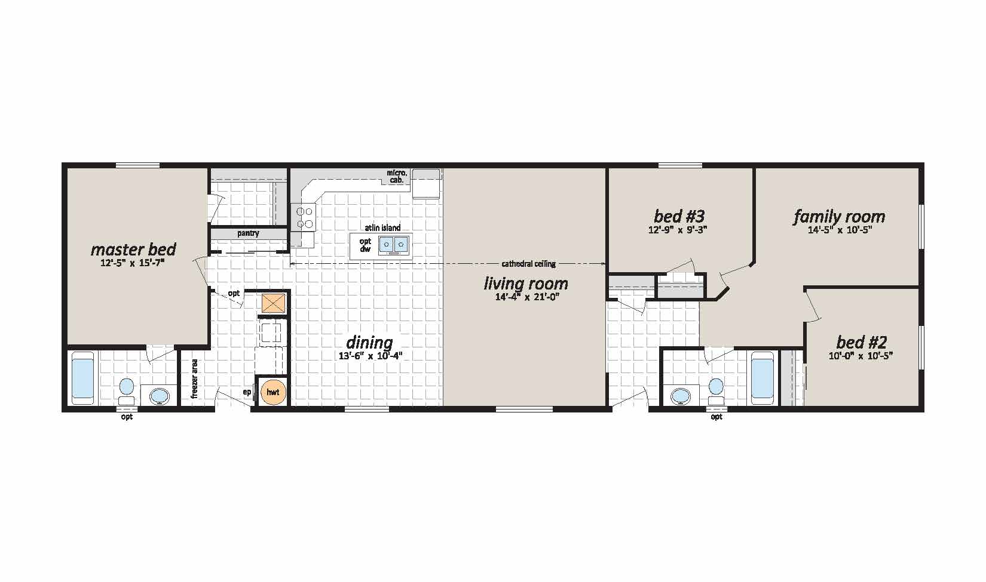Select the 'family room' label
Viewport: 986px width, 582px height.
(839, 216)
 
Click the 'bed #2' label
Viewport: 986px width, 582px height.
(861, 342)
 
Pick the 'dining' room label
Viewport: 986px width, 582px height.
(369, 343)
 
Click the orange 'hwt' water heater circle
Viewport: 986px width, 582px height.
(273, 392)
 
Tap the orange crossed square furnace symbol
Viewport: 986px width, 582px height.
(273, 303)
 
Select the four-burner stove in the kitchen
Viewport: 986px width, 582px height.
(304, 217)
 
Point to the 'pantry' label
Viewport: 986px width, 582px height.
(248, 233)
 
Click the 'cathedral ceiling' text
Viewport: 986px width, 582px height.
(528, 264)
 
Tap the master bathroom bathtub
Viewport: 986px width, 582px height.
(82, 379)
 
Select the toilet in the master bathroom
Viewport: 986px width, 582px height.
(126, 391)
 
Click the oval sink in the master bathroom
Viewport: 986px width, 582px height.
(159, 395)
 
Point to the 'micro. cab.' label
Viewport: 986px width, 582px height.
(396, 176)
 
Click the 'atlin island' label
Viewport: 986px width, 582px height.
(382, 228)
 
